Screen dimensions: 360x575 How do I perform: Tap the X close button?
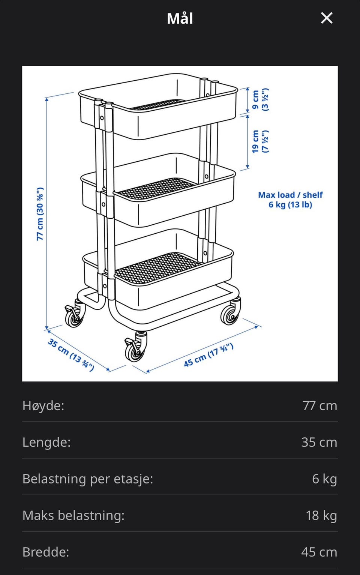click(x=327, y=18)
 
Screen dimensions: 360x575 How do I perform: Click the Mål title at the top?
click(x=180, y=18)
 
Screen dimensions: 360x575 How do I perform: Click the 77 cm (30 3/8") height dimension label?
click(x=40, y=214)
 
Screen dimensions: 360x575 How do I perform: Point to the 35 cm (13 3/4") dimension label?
click(x=71, y=355)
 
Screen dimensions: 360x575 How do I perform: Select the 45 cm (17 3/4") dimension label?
click(x=208, y=355)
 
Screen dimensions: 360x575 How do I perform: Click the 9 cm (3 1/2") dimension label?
click(x=260, y=99)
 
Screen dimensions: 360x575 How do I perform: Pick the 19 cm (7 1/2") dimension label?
click(x=260, y=141)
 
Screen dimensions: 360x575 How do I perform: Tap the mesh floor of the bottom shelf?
click(x=157, y=268)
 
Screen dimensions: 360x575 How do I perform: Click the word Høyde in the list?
click(x=43, y=406)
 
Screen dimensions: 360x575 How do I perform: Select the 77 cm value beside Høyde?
click(x=320, y=406)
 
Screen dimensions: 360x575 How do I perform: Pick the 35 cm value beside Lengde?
click(x=319, y=442)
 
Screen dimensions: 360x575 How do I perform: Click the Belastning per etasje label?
click(x=88, y=479)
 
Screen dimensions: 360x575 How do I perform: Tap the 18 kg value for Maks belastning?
click(x=321, y=515)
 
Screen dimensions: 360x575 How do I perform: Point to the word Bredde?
click(x=46, y=552)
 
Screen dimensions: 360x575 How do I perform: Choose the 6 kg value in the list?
click(x=325, y=479)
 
